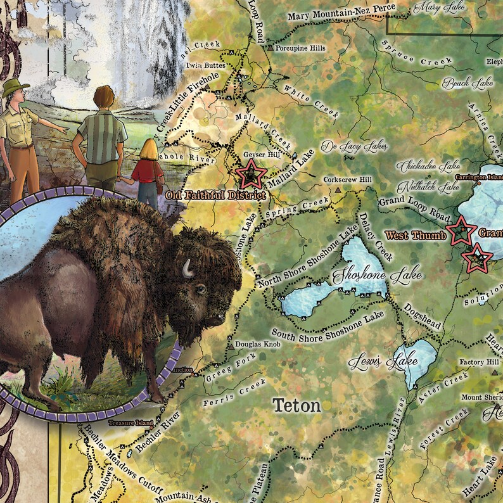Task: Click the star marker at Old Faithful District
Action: tap(250, 172)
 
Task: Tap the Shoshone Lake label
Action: tap(359, 276)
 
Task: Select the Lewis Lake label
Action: tap(383, 362)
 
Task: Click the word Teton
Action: tap(296, 405)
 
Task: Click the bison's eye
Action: tap(200, 290)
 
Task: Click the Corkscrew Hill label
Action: tap(347, 179)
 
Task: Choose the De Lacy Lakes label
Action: tap(345, 147)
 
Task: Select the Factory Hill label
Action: tap(480, 362)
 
